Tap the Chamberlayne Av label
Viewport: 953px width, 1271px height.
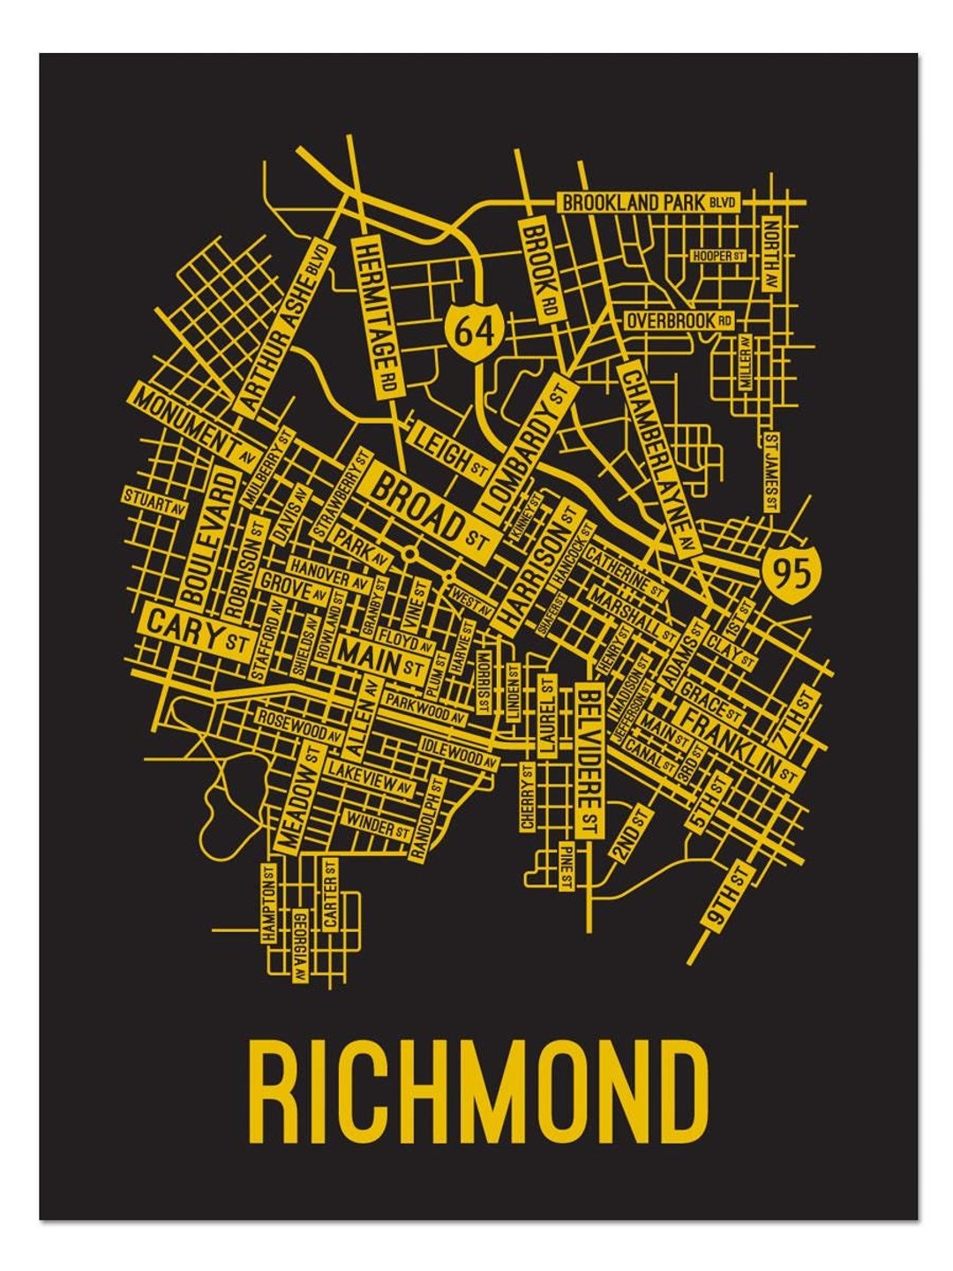point(658,456)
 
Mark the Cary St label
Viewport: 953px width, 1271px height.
point(196,630)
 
